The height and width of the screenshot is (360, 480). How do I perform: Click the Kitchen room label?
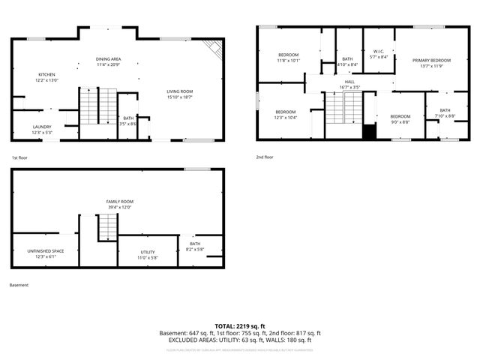(x=47, y=74)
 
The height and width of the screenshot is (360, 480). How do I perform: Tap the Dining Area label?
(x=109, y=58)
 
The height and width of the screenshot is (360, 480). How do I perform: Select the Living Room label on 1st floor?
(x=180, y=91)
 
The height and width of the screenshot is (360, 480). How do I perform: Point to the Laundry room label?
(x=42, y=127)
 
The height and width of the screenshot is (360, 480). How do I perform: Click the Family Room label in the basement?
(x=119, y=202)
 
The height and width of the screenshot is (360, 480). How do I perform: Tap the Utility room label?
(x=148, y=252)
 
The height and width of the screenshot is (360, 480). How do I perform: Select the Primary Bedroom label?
(x=431, y=60)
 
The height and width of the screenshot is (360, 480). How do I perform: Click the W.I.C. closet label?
(x=379, y=52)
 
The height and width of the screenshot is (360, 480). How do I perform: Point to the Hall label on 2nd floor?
(x=349, y=82)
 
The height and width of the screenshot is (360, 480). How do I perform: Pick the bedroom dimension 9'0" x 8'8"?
(x=400, y=121)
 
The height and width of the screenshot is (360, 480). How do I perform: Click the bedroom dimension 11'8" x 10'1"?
(x=289, y=61)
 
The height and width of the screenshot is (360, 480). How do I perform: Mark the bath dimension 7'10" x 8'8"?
(x=445, y=115)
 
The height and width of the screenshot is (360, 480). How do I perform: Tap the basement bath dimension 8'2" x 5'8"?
(x=195, y=249)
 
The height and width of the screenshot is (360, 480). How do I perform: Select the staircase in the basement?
(x=109, y=227)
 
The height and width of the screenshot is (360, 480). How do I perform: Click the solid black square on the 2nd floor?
(x=368, y=132)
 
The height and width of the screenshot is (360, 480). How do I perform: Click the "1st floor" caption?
(x=19, y=158)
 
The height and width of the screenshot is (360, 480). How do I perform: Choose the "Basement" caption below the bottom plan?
(x=19, y=285)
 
